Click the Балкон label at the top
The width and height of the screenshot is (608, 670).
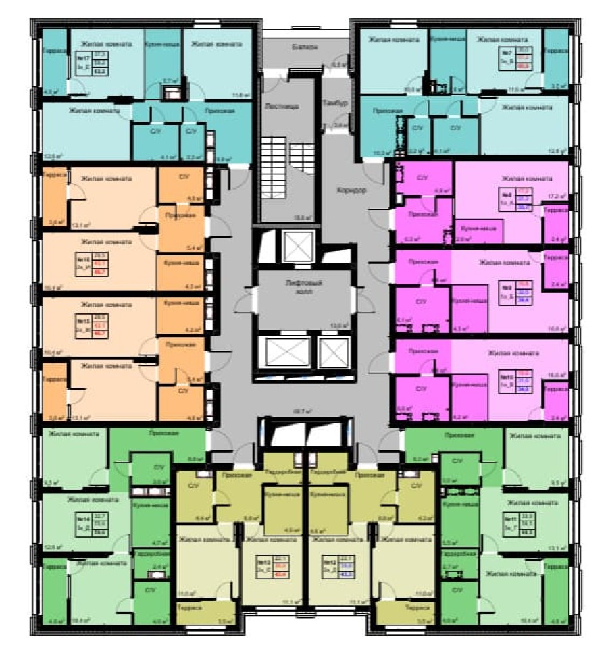pyautogui.click(x=305, y=47)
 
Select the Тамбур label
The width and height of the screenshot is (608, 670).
pyautogui.click(x=334, y=103)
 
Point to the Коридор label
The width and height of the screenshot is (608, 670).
pyautogui.click(x=351, y=190)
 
